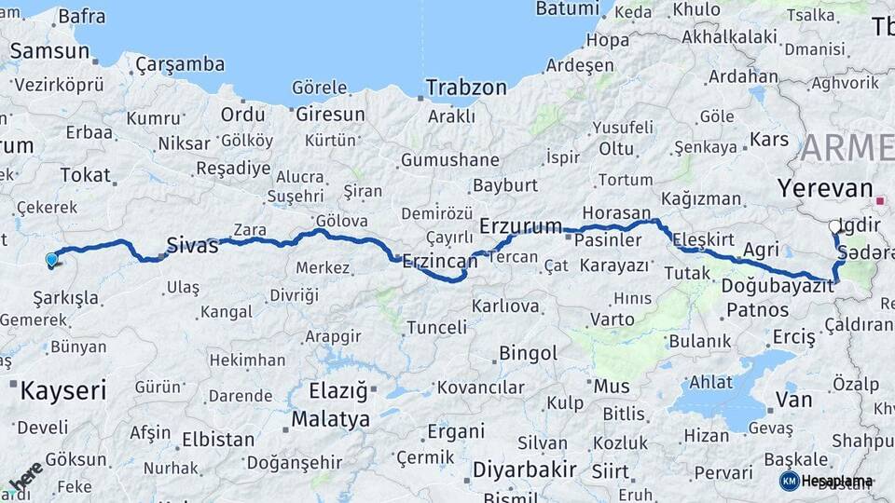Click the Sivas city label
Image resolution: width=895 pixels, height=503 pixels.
191,246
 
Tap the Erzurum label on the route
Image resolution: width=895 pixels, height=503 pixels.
521,226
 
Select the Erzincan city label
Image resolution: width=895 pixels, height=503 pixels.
439,263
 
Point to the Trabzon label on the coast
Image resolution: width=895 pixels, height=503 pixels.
466,88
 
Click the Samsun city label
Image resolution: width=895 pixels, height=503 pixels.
49,51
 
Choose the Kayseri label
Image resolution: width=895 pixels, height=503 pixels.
63,388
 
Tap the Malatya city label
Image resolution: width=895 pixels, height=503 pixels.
330,419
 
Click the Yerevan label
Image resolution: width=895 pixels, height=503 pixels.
825,188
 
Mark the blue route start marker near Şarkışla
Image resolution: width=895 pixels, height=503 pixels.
51,260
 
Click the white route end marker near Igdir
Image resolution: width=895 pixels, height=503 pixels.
835,225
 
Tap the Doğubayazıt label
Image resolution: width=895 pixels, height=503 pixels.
778,286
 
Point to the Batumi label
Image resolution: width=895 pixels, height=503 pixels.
568,9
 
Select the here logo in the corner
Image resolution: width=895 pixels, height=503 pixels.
26,476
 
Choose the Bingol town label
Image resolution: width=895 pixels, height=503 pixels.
529,353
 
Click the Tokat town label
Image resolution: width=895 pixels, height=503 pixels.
86,175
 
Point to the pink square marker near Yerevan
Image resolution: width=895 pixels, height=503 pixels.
879,199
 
